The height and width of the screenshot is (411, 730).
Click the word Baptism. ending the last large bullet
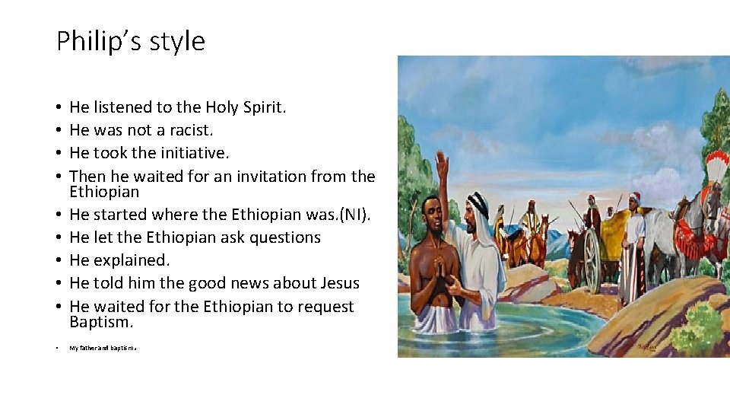point(101,322)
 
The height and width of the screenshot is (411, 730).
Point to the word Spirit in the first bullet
point(262,107)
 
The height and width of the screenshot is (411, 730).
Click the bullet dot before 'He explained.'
point(59,260)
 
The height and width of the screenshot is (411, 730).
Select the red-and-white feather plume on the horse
point(716,167)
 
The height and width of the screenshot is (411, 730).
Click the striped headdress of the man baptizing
point(478,204)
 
